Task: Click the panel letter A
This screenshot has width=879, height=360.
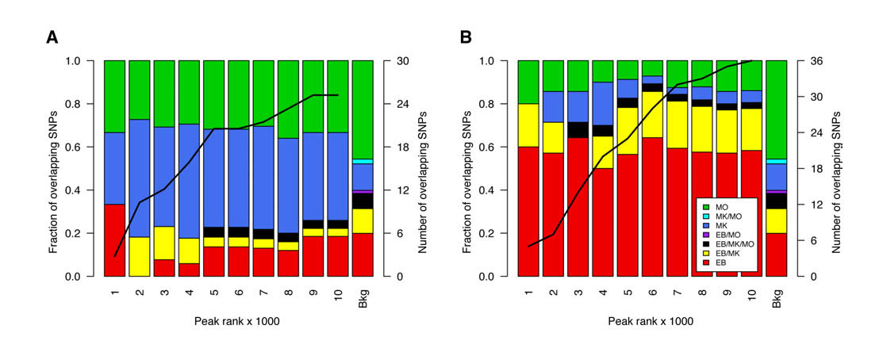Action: pyautogui.click(x=52, y=37)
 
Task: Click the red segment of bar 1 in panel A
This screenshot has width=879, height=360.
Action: pyautogui.click(x=114, y=240)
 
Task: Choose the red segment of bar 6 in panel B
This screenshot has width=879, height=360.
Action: pyautogui.click(x=653, y=207)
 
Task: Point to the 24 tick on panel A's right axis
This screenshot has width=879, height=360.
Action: pyautogui.click(x=402, y=104)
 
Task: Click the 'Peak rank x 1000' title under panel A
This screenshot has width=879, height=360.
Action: pyautogui.click(x=236, y=322)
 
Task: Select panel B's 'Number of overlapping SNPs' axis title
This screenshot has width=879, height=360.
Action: pyautogui.click(x=836, y=169)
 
